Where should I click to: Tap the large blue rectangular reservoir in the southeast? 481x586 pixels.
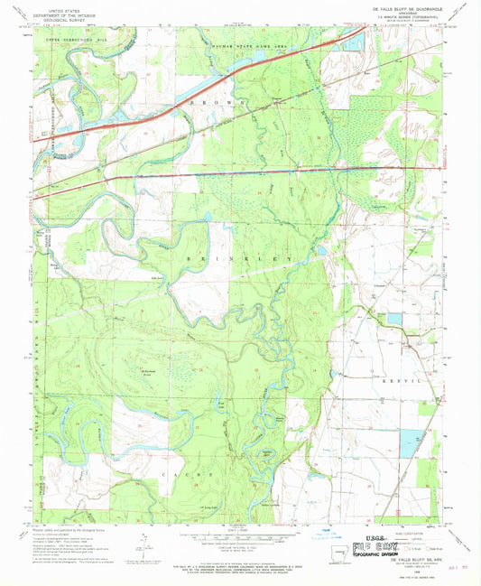pyautogui.click(x=410, y=442)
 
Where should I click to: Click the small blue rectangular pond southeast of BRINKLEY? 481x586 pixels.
pyautogui.click(x=393, y=320)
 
